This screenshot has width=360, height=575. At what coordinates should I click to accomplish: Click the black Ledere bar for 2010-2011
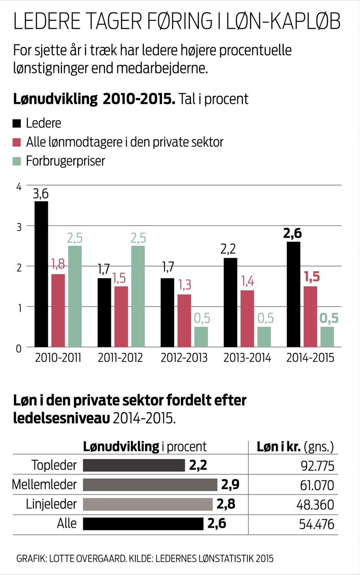pyautogui.click(x=41, y=274)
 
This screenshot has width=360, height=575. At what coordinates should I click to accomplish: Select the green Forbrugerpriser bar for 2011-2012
pyautogui.click(x=138, y=296)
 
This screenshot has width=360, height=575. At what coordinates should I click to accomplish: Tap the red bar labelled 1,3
pyautogui.click(x=184, y=320)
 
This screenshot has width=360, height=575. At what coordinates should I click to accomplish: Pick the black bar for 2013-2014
pyautogui.click(x=230, y=302)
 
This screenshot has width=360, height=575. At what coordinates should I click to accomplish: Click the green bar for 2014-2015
pyautogui.click(x=327, y=337)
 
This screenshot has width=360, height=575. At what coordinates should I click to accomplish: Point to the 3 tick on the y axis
pyautogui.click(x=19, y=227)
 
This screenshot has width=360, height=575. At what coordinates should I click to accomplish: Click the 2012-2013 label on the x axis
pyautogui.click(x=184, y=358)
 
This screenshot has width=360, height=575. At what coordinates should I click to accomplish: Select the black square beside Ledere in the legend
pyautogui.click(x=17, y=123)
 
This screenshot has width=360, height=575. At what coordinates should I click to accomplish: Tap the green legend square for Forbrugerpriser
pyautogui.click(x=17, y=161)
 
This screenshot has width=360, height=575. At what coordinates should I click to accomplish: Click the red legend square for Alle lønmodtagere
pyautogui.click(x=17, y=142)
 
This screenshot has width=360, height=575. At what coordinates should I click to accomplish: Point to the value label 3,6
pyautogui.click(x=40, y=194)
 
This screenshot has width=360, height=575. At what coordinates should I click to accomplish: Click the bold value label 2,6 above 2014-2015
pyautogui.click(x=292, y=233)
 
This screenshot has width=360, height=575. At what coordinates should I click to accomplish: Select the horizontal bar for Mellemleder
pyautogui.click(x=150, y=485)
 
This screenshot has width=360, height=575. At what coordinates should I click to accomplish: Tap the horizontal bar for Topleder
pyautogui.click(x=134, y=465)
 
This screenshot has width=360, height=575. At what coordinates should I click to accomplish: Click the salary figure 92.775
pyautogui.click(x=317, y=466)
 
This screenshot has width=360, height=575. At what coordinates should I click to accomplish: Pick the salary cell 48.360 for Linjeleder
pyautogui.click(x=315, y=505)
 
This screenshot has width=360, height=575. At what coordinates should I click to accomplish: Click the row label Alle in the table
pyautogui.click(x=67, y=524)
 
